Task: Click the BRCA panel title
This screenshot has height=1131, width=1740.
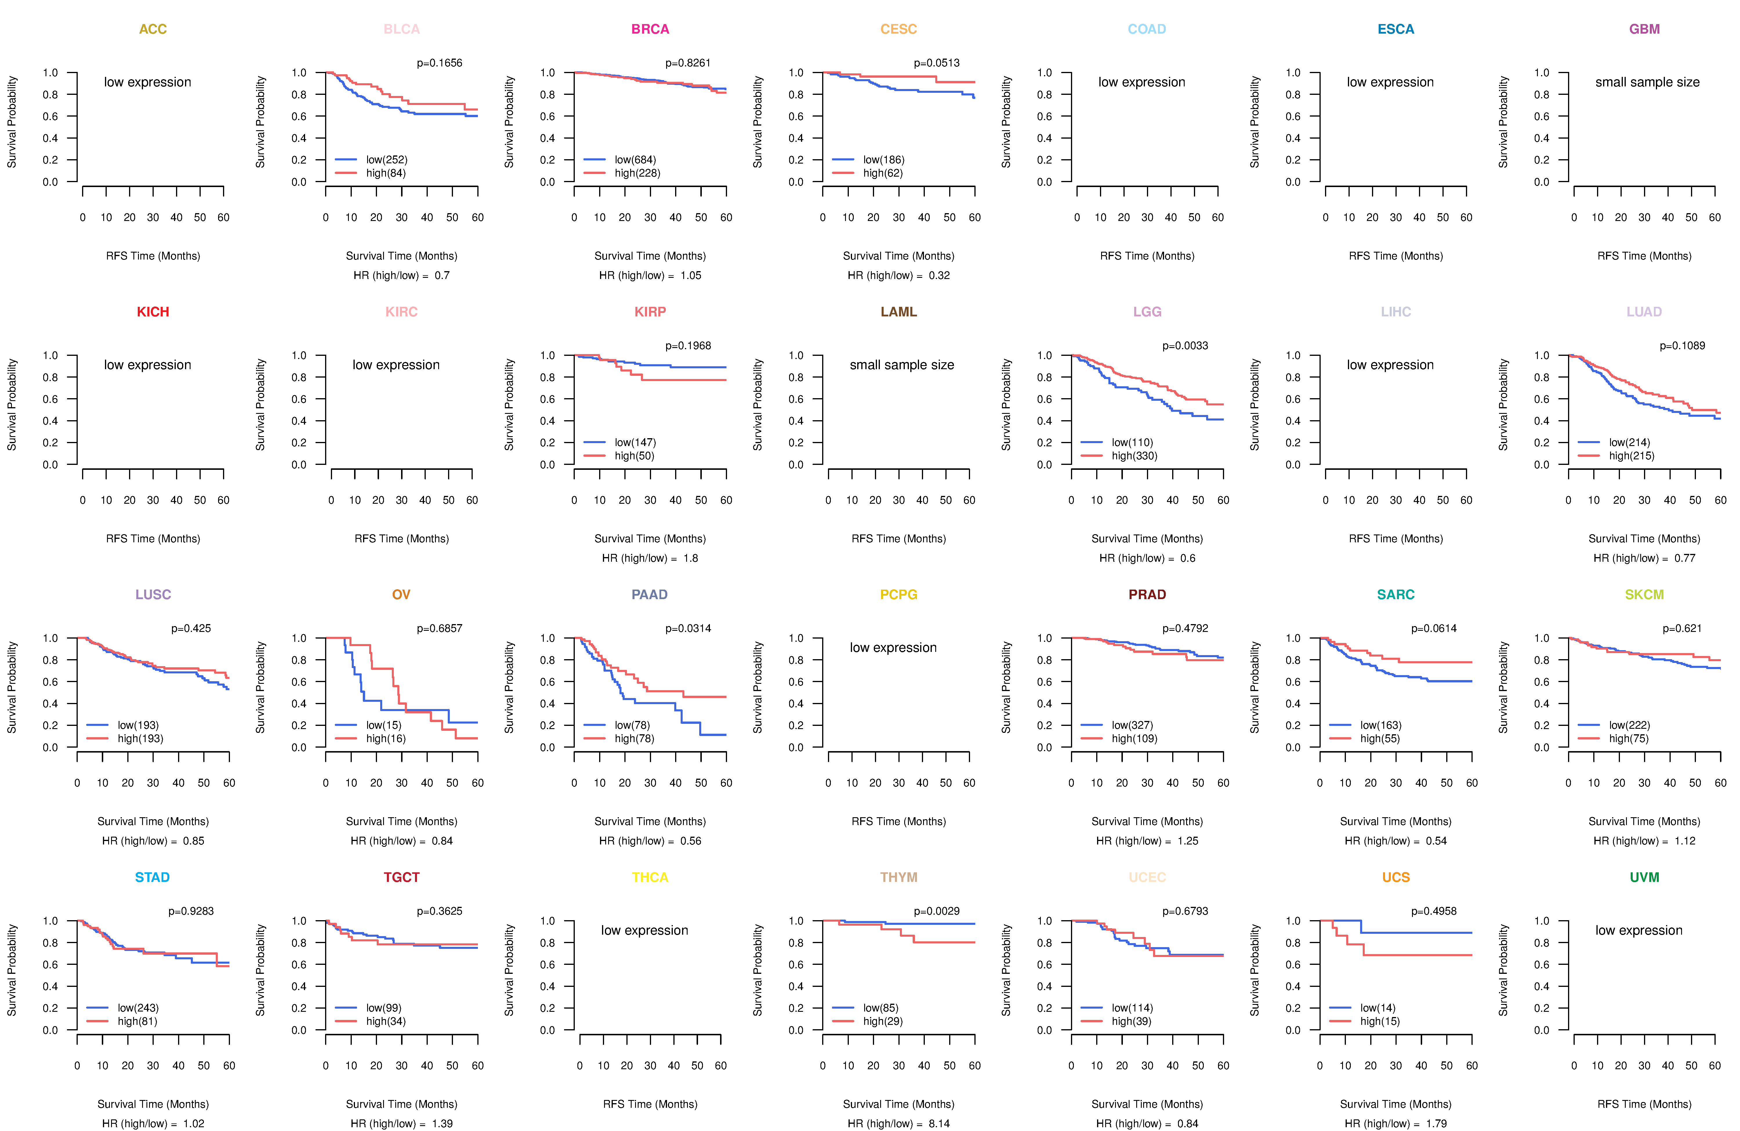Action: click(650, 29)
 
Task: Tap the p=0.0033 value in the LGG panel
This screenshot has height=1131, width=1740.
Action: click(1185, 346)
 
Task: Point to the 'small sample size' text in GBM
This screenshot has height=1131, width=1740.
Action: click(1647, 82)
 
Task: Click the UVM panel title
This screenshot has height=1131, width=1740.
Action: click(1644, 877)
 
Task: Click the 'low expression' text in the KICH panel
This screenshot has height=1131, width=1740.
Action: click(148, 365)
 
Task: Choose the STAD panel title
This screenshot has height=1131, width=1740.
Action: click(152, 877)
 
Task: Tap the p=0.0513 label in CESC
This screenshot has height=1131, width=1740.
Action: click(936, 63)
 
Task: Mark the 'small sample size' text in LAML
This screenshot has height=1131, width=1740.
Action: click(901, 365)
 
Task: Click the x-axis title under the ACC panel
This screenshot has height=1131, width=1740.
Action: click(153, 256)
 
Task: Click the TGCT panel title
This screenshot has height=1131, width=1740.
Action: click(401, 877)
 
